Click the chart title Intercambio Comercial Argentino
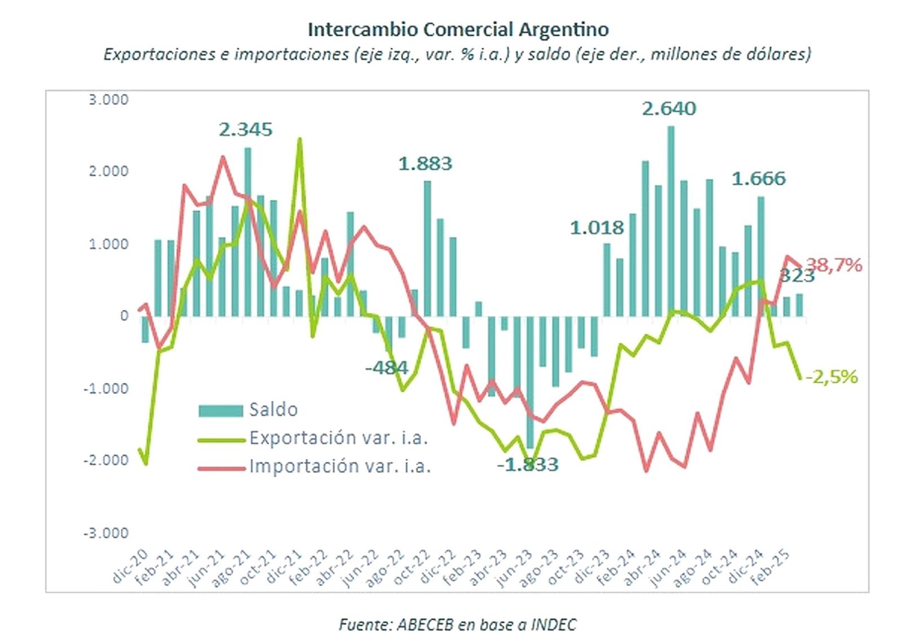[x=458, y=29]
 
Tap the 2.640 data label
[x=669, y=108]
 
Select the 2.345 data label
[x=245, y=130]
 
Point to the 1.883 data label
[x=425, y=163]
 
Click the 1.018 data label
[x=596, y=228]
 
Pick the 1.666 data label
[x=758, y=179]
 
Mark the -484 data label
[x=386, y=368]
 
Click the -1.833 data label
[x=528, y=464]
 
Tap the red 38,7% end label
[x=834, y=264]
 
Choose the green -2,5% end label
[x=832, y=377]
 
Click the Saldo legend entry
[x=273, y=410]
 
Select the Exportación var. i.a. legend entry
[x=338, y=438]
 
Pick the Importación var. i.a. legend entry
[x=339, y=467]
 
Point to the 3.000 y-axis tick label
[x=108, y=100]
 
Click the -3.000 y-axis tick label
[x=106, y=533]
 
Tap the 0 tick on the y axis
[x=124, y=316]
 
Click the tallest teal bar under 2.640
[x=671, y=220]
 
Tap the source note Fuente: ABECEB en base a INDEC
[x=457, y=625]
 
